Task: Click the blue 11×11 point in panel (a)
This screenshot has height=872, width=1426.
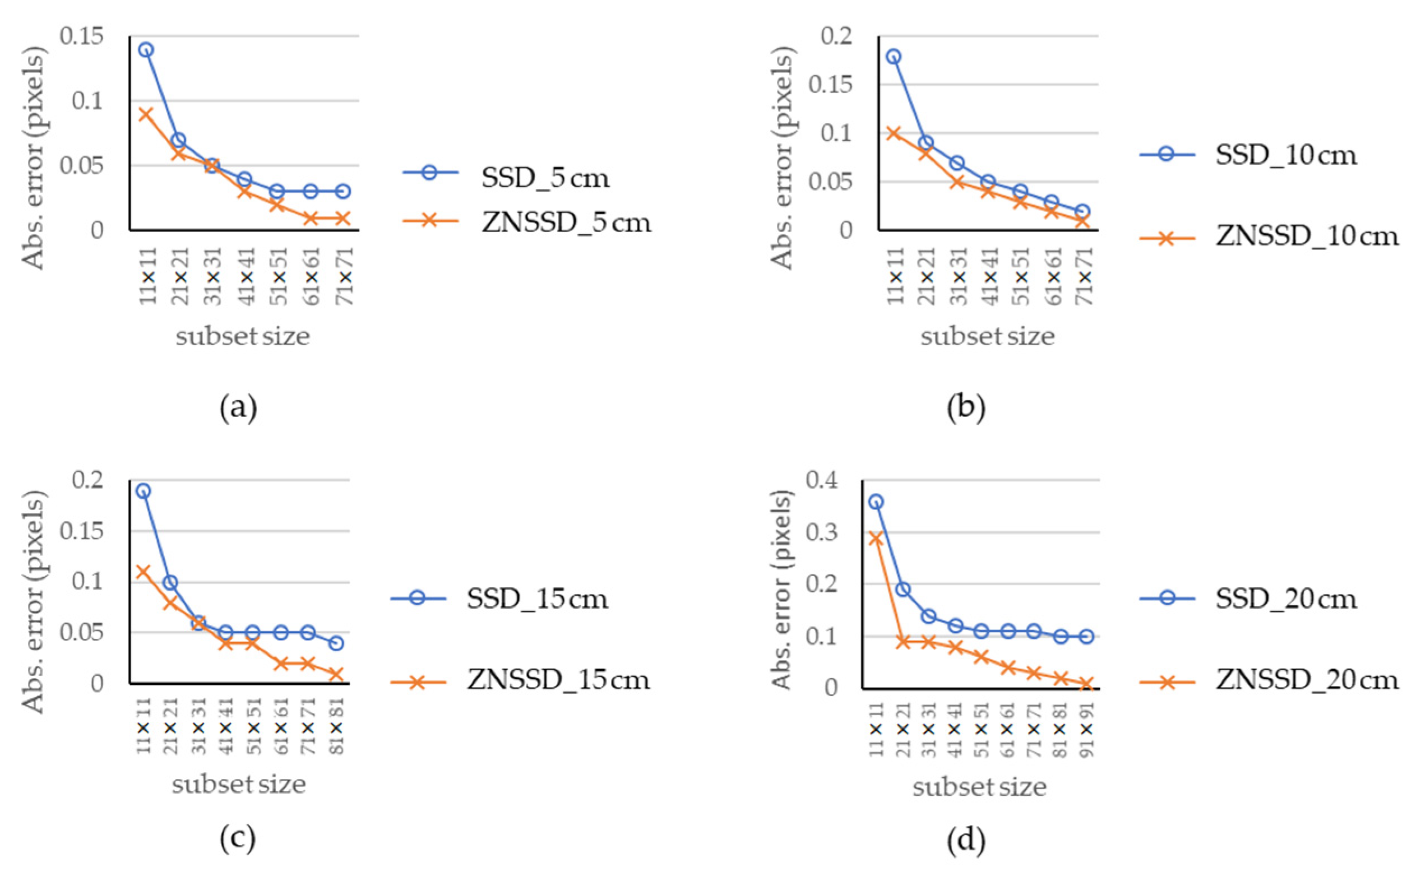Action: (146, 49)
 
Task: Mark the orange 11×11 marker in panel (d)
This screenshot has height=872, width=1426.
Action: (876, 538)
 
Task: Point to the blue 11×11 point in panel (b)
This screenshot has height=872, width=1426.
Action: (894, 56)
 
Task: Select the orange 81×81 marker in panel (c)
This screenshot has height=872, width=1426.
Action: (336, 675)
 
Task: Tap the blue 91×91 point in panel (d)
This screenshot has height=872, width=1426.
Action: (1086, 637)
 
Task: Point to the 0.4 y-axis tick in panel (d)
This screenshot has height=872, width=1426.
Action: (822, 480)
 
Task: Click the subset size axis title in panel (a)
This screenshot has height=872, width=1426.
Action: (243, 336)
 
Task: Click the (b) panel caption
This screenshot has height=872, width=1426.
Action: (966, 408)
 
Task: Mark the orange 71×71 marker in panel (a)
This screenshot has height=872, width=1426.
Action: (342, 218)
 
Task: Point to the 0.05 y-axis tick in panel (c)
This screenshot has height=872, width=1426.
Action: (82, 632)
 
